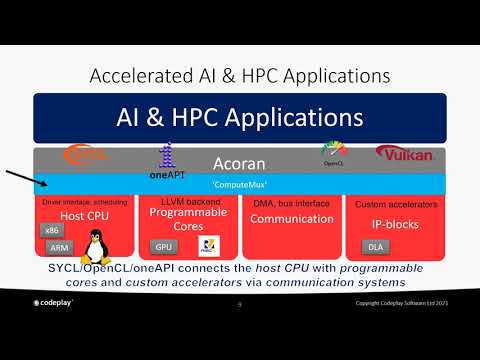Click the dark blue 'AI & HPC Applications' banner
[x=239, y=119]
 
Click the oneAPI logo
[x=168, y=161]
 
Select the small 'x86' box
[x=51, y=231]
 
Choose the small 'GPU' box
[x=163, y=247]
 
